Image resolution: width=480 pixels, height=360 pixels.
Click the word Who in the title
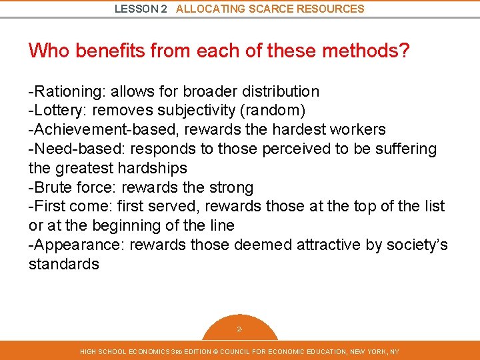(49, 50)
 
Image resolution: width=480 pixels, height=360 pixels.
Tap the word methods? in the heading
(371, 50)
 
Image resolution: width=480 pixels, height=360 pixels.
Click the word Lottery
(57, 109)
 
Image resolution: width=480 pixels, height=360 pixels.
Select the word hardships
(153, 167)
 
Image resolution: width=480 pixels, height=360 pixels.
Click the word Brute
(52, 187)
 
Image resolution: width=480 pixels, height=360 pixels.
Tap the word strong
(229, 187)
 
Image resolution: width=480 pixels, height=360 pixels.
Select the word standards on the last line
(63, 264)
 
